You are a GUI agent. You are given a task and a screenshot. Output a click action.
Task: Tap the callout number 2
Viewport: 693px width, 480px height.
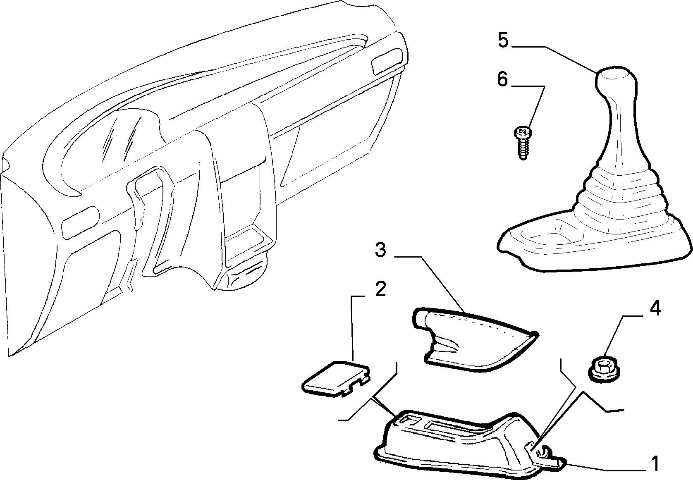point(380,289)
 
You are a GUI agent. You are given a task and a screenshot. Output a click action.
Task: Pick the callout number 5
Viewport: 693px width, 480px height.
point(503,41)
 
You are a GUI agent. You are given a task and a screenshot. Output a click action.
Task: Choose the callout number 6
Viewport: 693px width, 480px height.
point(502,79)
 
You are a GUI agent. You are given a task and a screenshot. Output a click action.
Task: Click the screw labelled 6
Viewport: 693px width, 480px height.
point(522,144)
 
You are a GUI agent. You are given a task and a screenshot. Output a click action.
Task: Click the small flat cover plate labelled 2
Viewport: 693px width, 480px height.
point(336,379)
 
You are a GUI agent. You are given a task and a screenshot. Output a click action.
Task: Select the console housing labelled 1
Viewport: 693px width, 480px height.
point(467,445)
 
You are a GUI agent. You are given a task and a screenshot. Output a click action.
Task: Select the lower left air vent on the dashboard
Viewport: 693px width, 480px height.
point(80,222)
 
